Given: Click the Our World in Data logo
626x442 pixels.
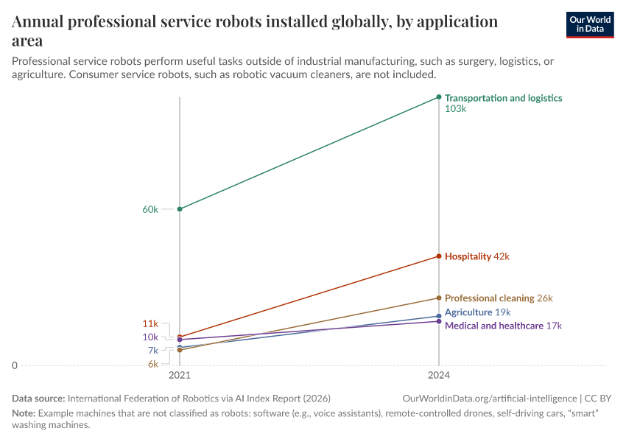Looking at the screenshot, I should click(589, 24).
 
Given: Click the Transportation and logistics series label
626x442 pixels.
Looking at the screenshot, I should click(503, 98).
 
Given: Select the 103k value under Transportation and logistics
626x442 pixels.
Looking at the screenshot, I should click(456, 109).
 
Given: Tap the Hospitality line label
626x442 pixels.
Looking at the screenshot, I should click(468, 256).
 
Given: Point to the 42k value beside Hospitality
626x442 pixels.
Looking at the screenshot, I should click(502, 256).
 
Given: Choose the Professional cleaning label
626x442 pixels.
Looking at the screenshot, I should click(489, 298).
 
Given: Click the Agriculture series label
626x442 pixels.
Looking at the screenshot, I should click(468, 312).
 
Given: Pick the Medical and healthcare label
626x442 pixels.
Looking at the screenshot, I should click(493, 326).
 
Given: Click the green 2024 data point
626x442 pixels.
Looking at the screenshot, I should click(439, 97).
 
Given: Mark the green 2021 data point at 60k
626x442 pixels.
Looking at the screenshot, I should click(180, 209).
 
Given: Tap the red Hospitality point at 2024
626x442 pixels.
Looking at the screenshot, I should click(439, 256).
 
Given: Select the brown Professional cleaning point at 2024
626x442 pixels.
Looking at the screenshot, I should click(439, 298).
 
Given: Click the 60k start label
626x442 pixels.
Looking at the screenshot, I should click(150, 209).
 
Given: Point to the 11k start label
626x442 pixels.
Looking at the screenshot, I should click(150, 323).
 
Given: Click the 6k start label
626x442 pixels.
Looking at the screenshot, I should click(152, 364).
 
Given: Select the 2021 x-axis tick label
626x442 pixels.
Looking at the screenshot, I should click(180, 376).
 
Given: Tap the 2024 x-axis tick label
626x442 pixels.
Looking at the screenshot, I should click(439, 376).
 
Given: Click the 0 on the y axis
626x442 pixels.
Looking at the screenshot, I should click(14, 365).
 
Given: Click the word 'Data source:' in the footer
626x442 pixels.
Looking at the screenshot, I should click(38, 398).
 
